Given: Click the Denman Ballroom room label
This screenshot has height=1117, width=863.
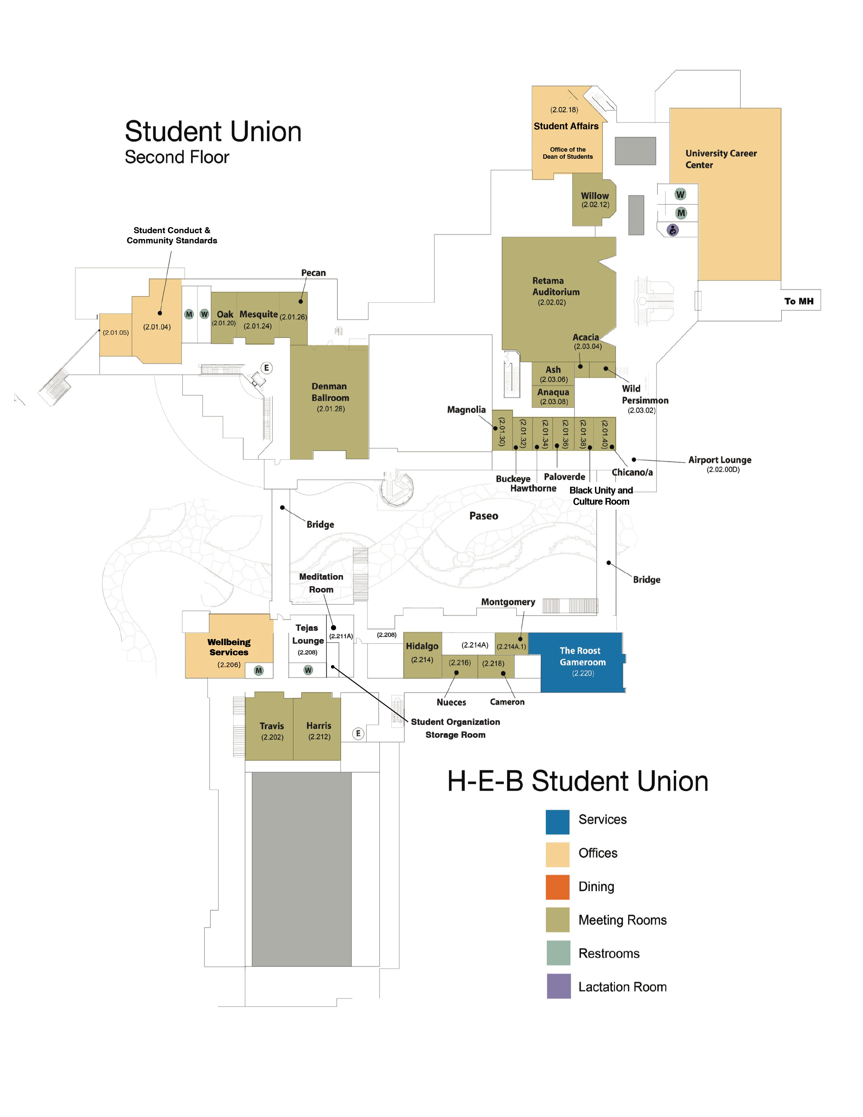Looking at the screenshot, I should (330, 392).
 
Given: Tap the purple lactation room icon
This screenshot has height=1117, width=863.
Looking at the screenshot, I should (673, 230).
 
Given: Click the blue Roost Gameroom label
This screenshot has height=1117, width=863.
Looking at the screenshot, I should (582, 656).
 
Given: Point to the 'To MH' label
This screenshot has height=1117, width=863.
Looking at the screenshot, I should (799, 301).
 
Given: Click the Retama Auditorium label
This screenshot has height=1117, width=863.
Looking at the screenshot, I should (556, 286).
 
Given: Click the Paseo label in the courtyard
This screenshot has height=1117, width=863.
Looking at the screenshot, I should (484, 516).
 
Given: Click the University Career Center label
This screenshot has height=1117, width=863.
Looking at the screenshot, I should (721, 159).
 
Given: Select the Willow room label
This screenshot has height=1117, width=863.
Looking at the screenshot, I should (595, 196).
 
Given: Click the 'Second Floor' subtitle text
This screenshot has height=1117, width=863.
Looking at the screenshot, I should (177, 157).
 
